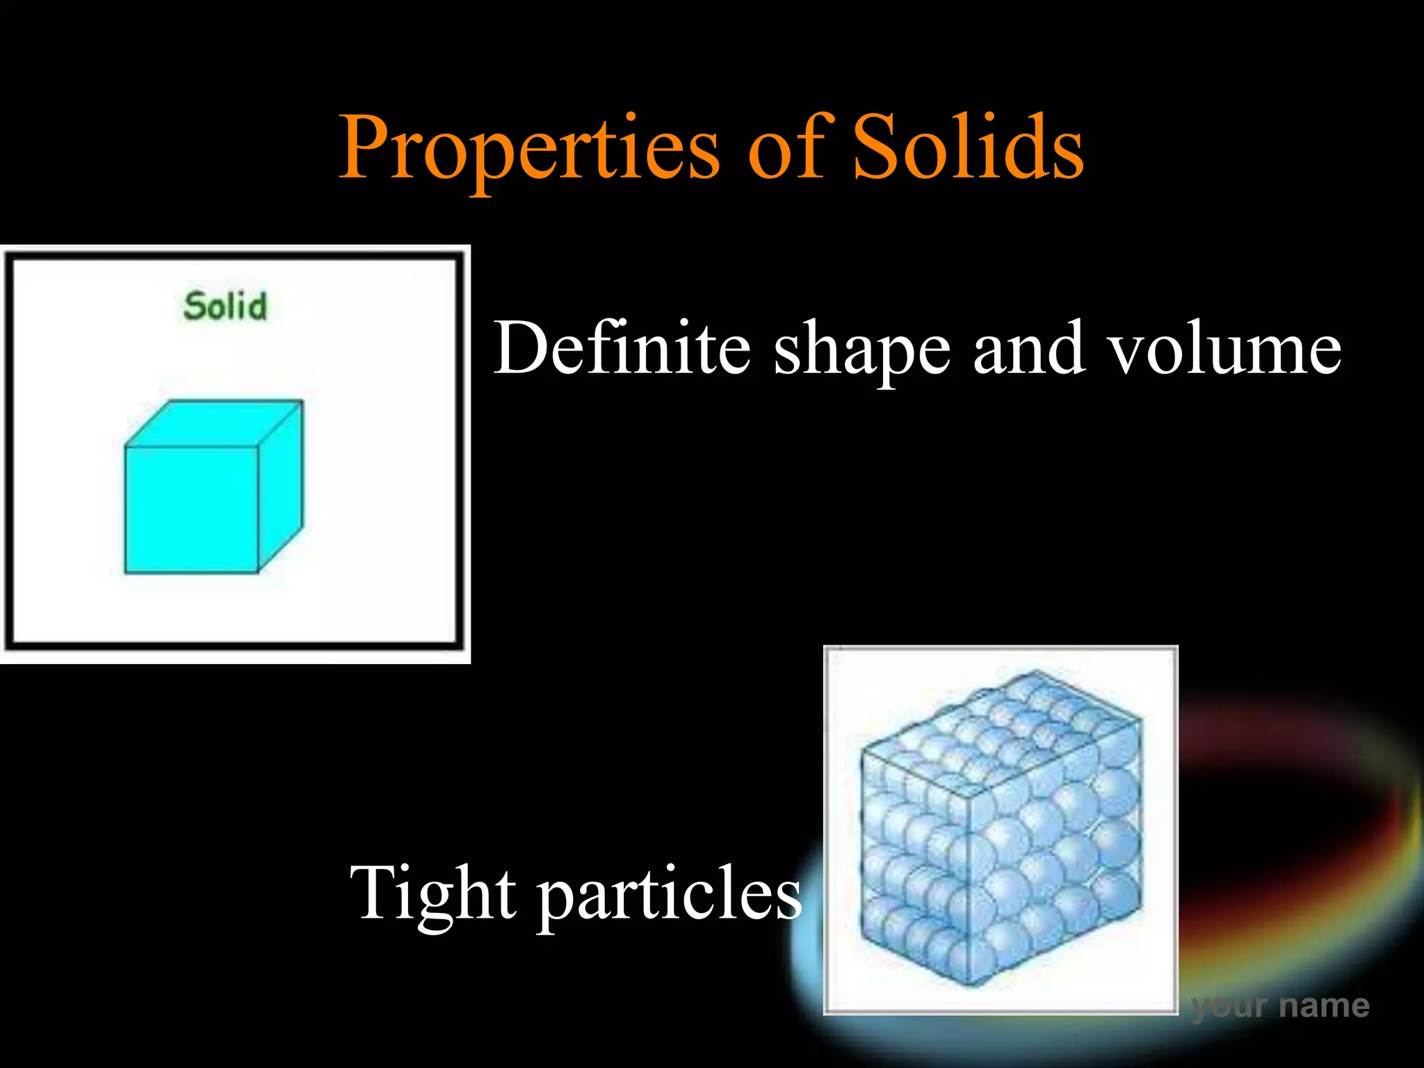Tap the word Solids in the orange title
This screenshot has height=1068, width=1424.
(x=967, y=147)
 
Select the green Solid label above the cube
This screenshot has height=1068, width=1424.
(x=225, y=307)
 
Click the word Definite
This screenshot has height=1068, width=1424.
(x=622, y=348)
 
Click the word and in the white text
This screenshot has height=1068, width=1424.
(x=1028, y=348)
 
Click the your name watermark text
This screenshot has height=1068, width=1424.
(x=1280, y=1005)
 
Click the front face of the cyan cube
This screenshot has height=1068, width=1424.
(x=191, y=510)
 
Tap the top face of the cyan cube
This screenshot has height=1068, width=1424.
(x=214, y=423)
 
